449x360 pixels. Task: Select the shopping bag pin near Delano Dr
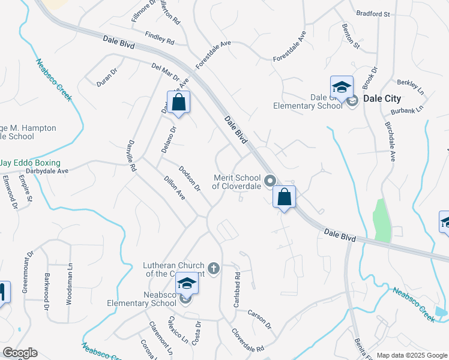coord(178,103)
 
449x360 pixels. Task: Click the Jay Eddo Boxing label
coord(31,163)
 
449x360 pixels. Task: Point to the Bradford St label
coord(373,13)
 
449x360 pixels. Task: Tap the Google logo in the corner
coord(20,353)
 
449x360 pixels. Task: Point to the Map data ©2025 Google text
coord(412,355)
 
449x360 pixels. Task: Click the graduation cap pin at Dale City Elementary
coord(341,88)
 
